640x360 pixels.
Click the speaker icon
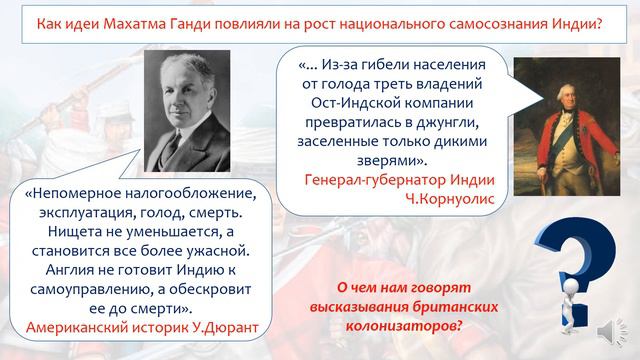click(608, 331)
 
